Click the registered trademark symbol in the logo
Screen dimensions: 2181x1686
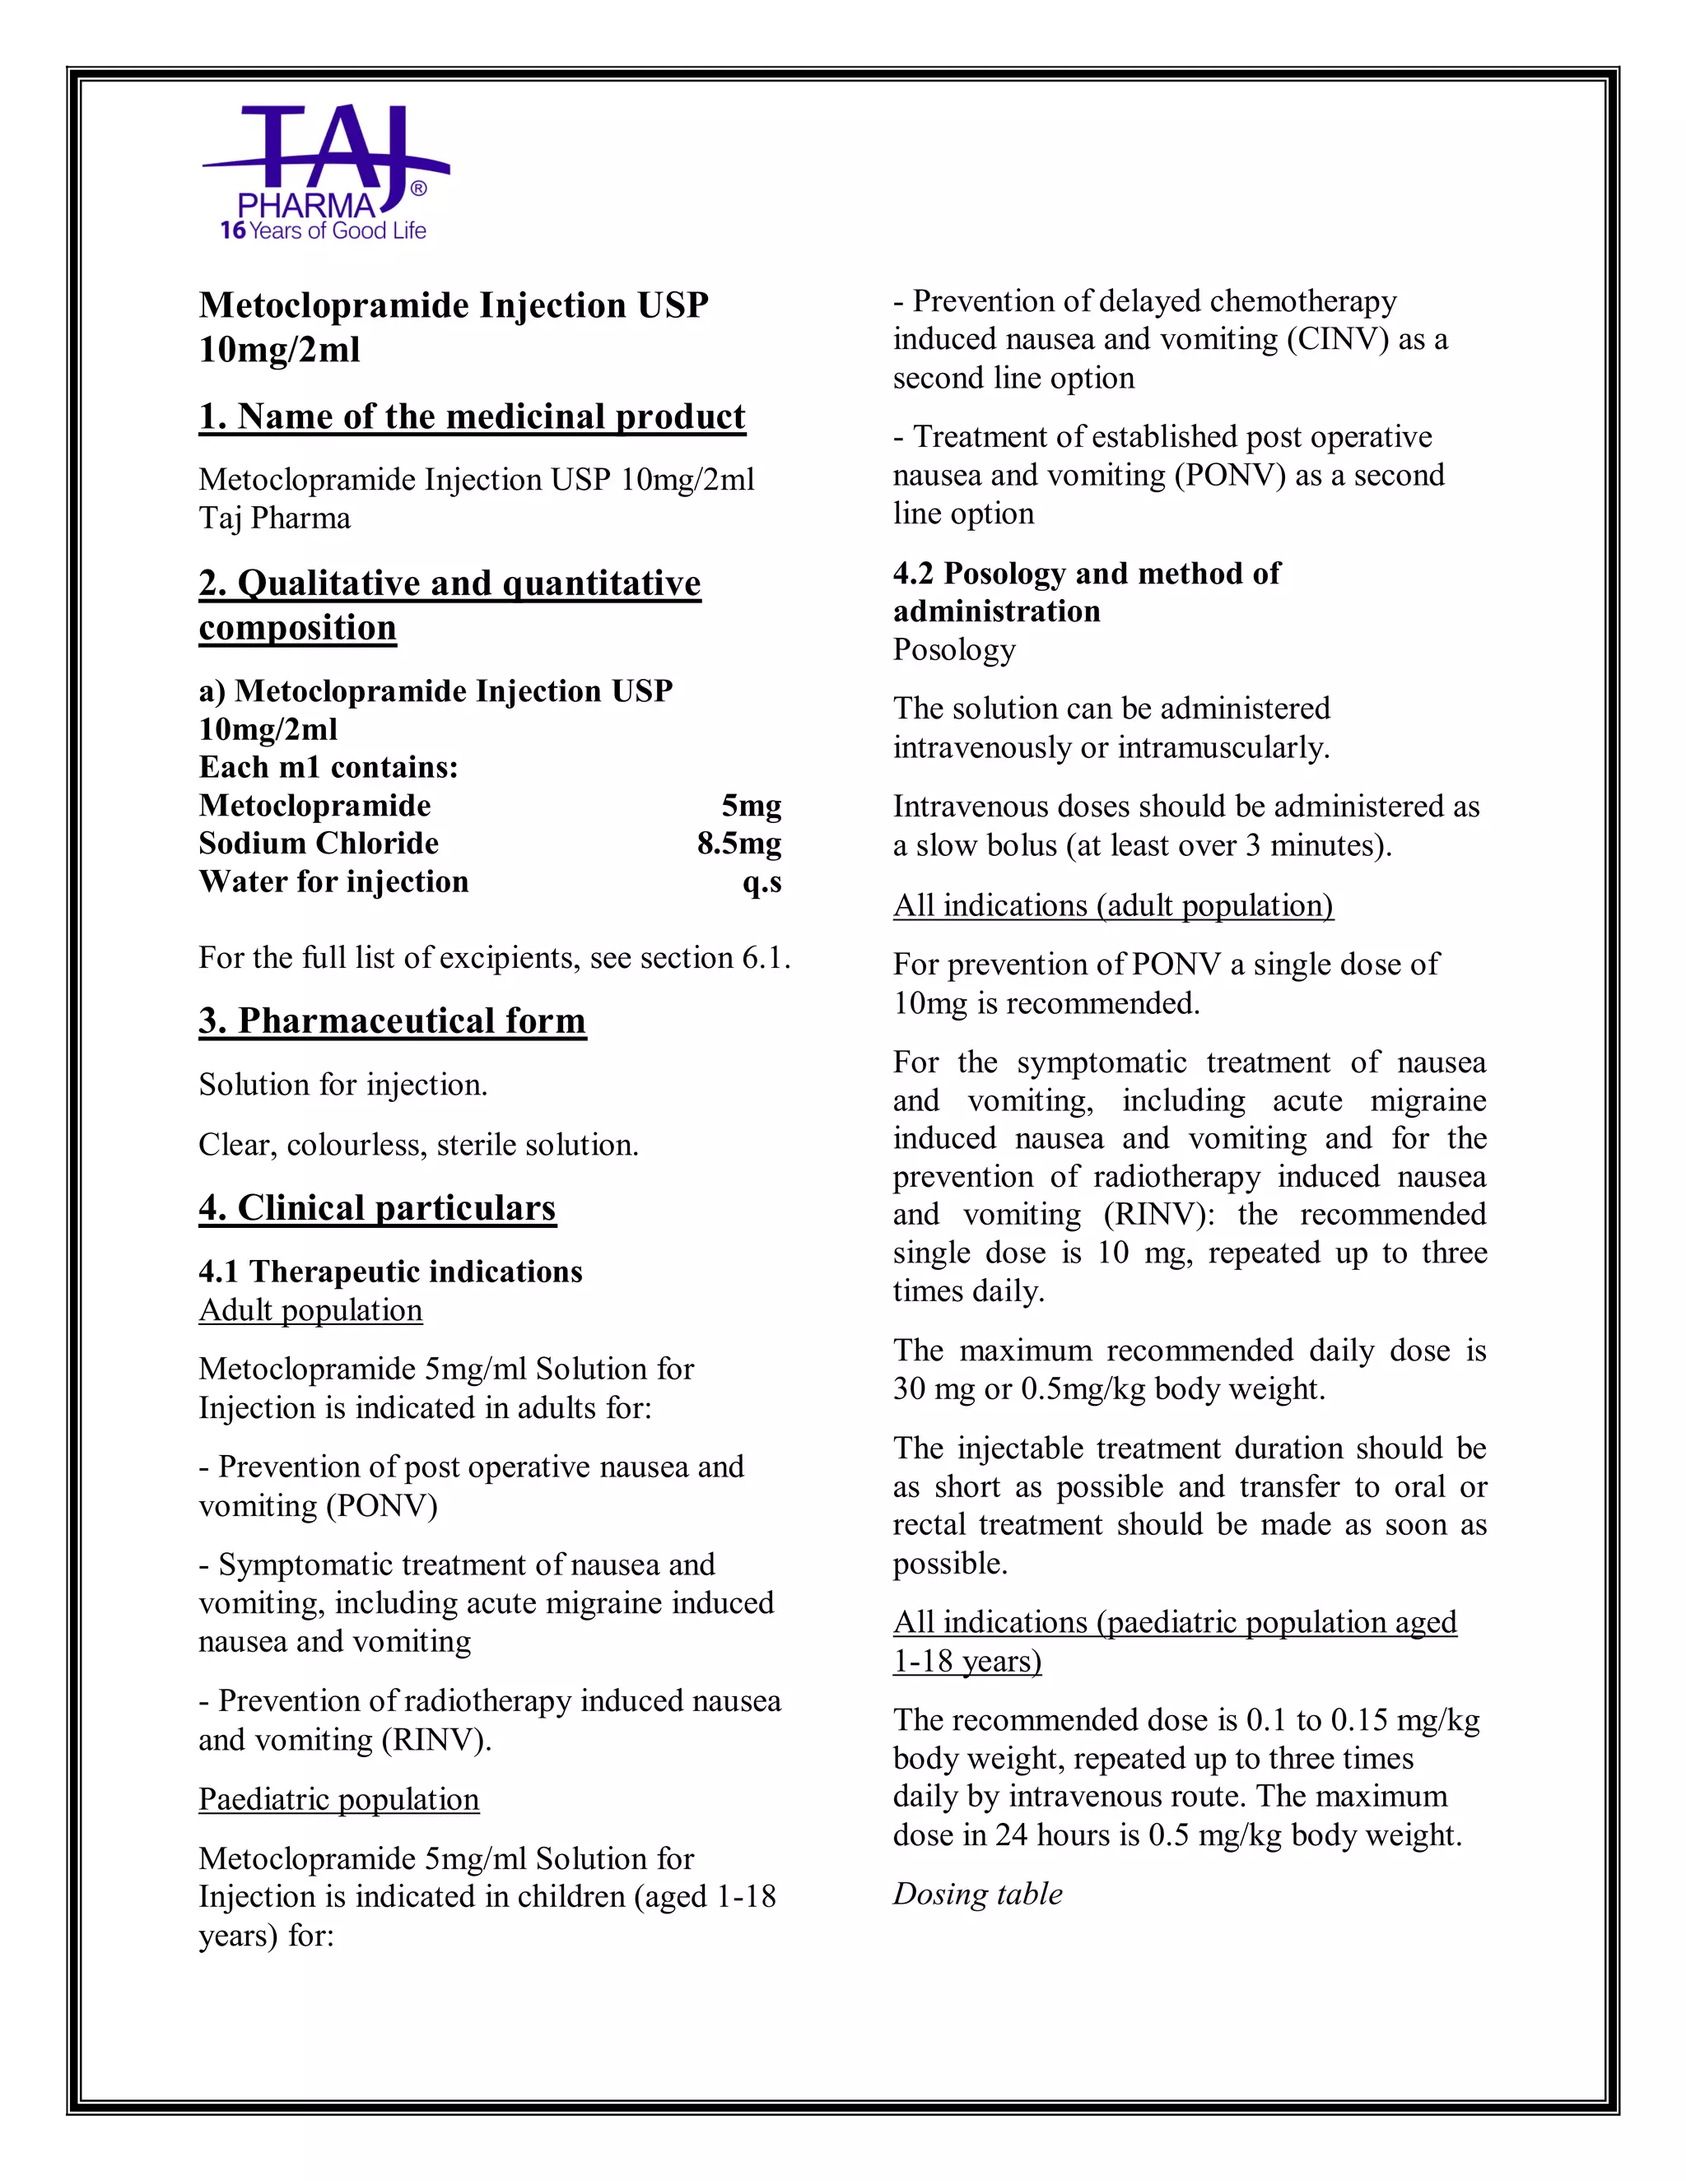[x=418, y=188]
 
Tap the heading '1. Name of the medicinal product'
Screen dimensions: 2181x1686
[x=472, y=416]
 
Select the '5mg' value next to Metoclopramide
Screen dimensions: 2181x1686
[x=751, y=806]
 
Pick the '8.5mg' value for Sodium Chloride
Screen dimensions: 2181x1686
[x=739, y=844]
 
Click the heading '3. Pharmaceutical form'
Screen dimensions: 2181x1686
[x=392, y=1021]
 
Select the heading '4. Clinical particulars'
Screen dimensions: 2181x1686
[x=376, y=1208]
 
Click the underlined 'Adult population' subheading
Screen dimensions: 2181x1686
[x=310, y=1310]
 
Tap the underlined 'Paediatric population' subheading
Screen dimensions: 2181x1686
[x=338, y=1799]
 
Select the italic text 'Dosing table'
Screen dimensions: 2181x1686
[x=977, y=1895]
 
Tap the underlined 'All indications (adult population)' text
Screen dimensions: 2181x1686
[x=1113, y=906]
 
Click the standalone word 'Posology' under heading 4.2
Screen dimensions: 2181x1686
[x=954, y=650]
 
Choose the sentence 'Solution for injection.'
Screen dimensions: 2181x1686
[x=342, y=1085]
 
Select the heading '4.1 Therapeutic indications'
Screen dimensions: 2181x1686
[x=389, y=1272]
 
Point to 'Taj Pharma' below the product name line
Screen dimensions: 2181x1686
[x=275, y=519]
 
